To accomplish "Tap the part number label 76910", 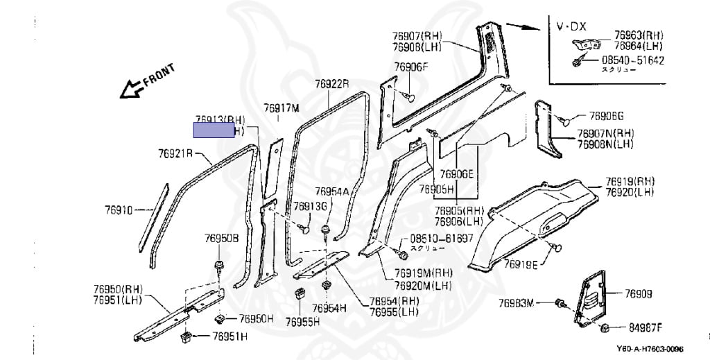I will [x=119, y=208].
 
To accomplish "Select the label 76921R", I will [x=174, y=153].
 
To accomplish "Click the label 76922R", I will [x=331, y=84].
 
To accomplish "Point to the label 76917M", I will [x=281, y=108].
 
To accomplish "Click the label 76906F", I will [x=411, y=67].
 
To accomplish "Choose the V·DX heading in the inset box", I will [x=571, y=26].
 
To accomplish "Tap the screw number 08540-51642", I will [x=632, y=60].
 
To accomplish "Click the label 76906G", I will [x=607, y=116].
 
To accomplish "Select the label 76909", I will [x=639, y=294].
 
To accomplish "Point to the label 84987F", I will [x=645, y=327].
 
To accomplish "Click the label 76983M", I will [x=517, y=303].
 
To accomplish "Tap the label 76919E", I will [x=521, y=264].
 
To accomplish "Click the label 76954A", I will [x=331, y=191].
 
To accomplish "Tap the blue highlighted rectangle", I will [x=214, y=130].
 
